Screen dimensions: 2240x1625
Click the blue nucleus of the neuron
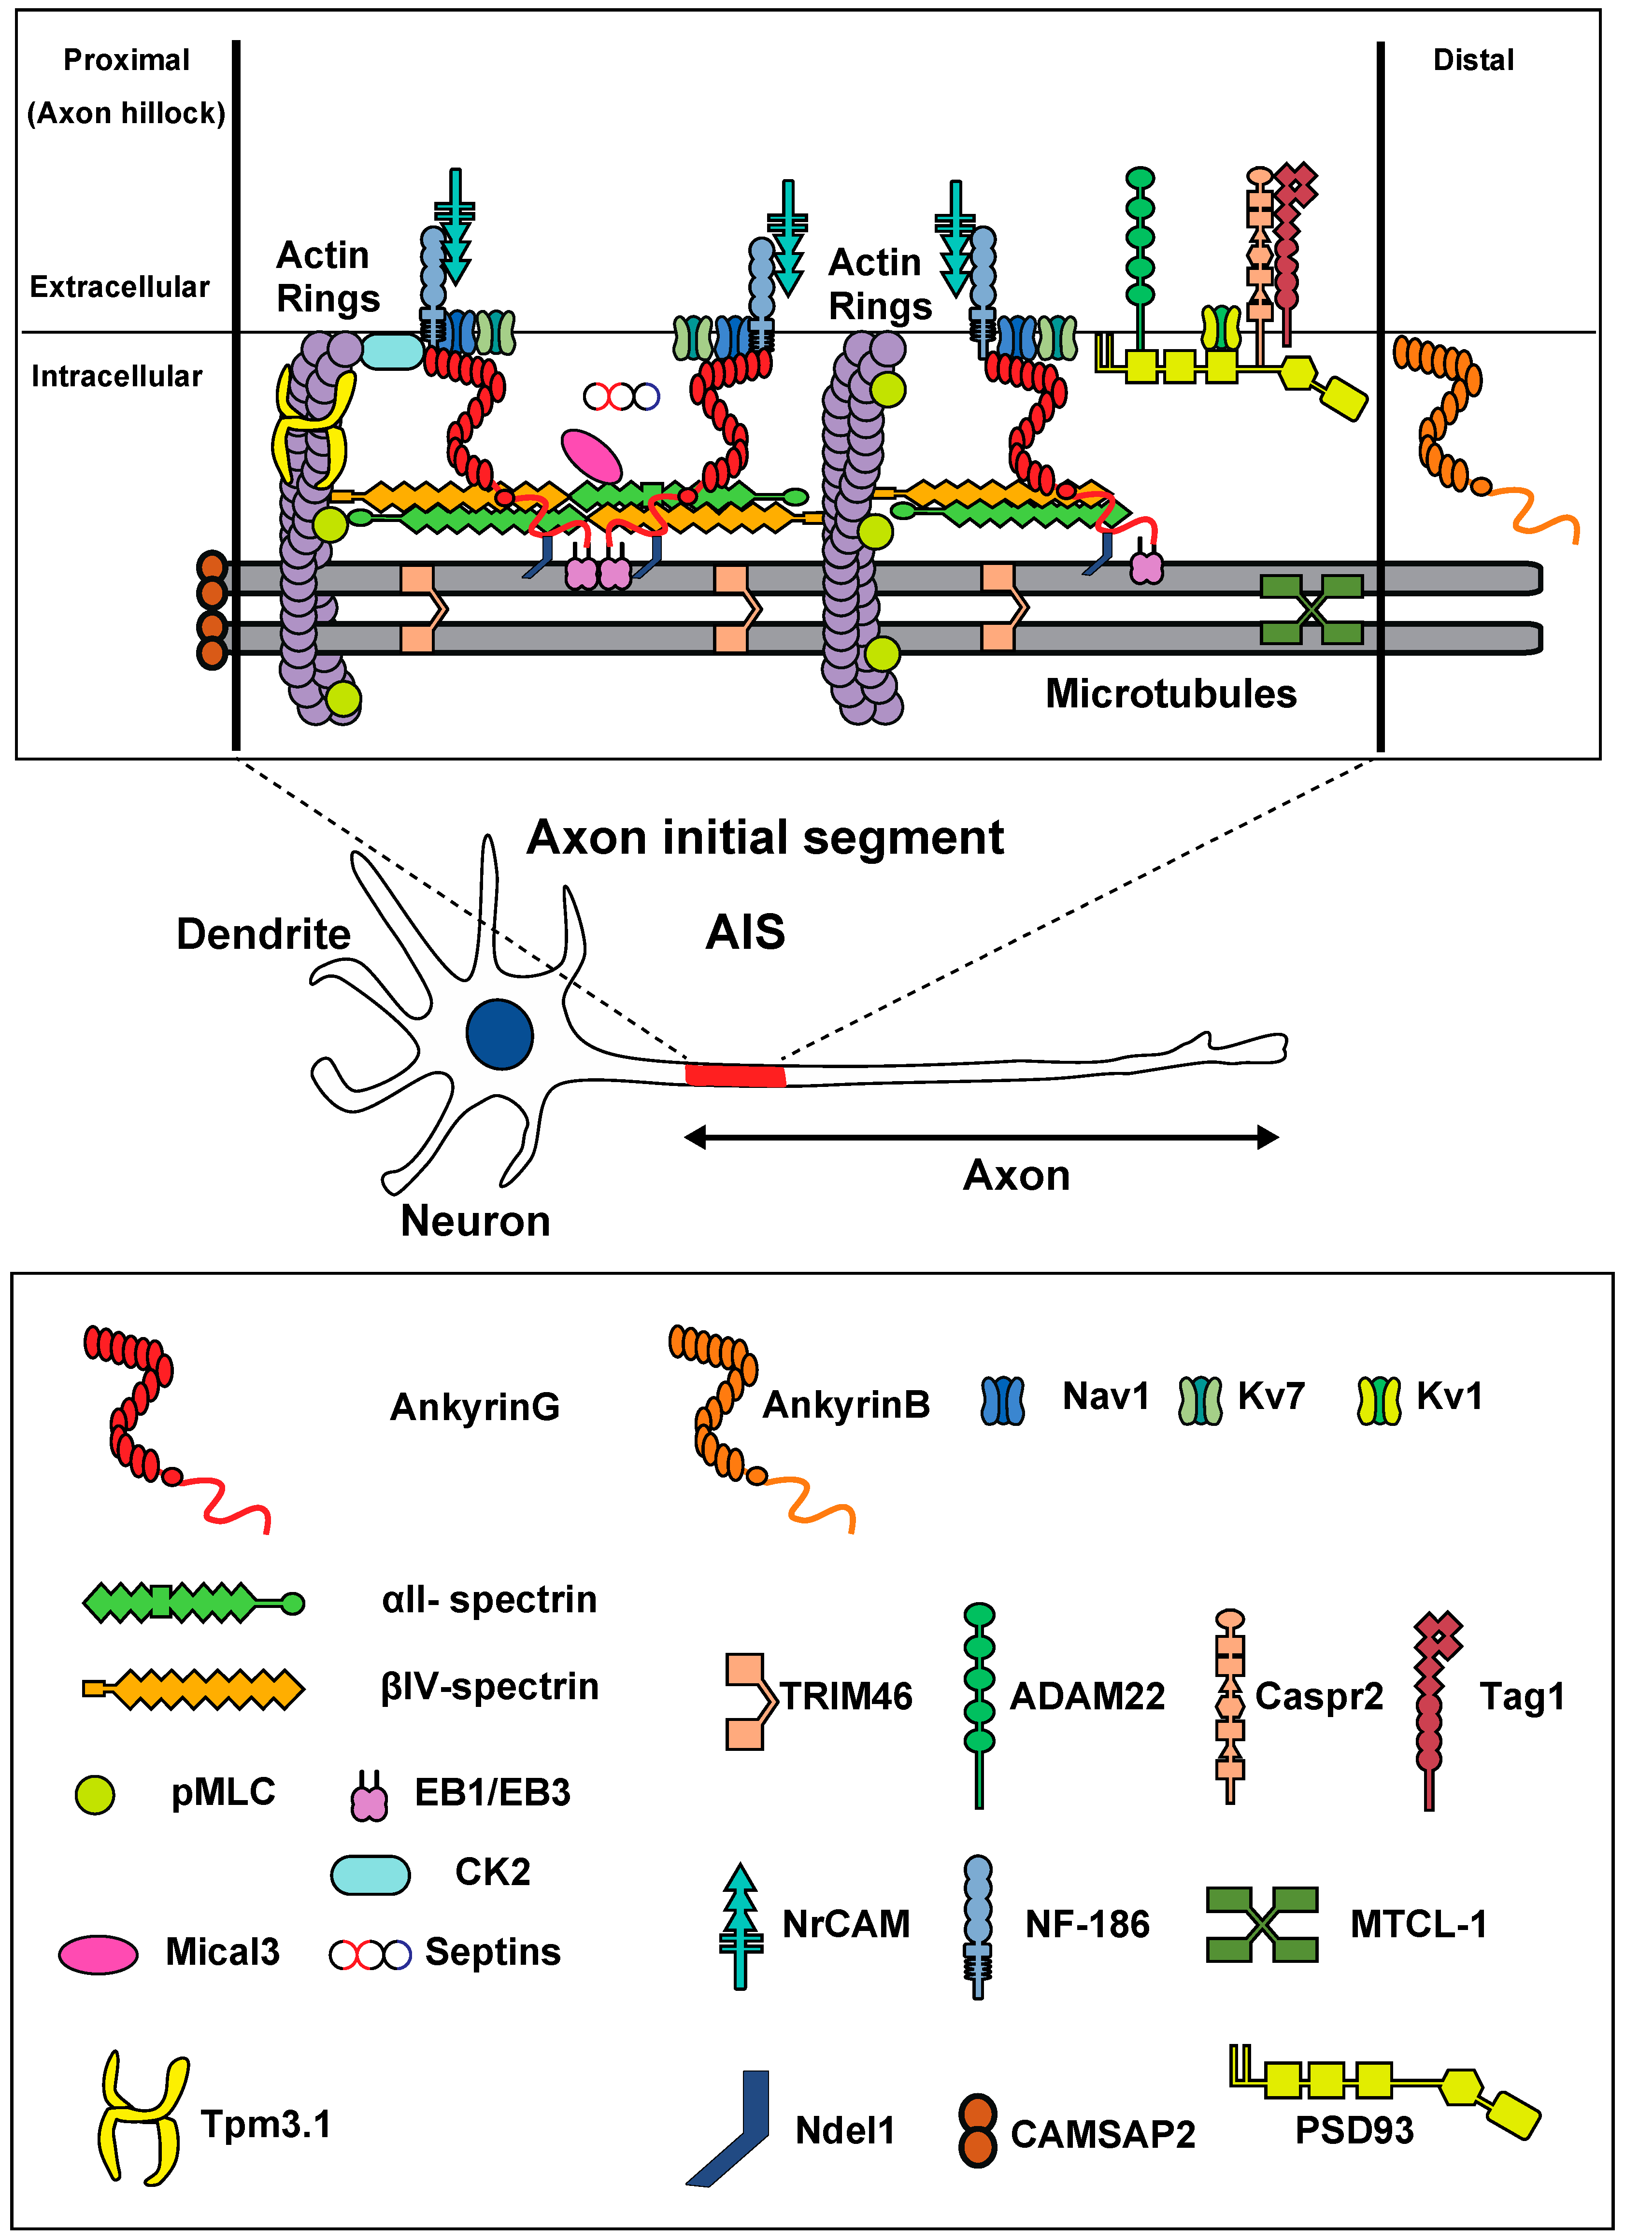coord(500,1034)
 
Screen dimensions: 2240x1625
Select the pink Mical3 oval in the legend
coord(98,1954)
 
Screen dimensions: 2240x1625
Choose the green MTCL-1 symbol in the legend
coord(1261,1924)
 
